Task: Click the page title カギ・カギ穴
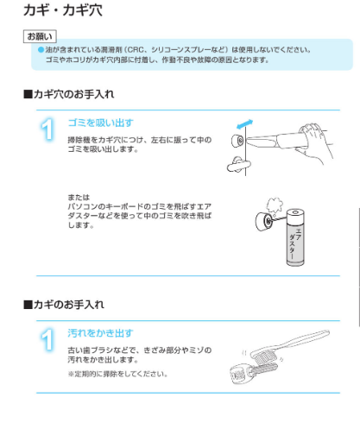63,10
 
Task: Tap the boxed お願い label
40,36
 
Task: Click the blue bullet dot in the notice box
41,50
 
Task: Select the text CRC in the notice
136,50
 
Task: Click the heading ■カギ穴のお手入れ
69,94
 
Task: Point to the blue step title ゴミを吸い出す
101,123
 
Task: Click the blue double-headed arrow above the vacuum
244,124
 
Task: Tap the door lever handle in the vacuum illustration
238,165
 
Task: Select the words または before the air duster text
79,198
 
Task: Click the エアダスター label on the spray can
295,243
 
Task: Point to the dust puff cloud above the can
275,205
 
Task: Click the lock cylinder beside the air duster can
264,221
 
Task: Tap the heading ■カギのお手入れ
64,305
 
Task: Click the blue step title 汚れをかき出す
100,333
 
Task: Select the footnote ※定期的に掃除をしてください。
117,374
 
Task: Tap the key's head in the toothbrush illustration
238,374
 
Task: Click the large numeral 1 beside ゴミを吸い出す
47,129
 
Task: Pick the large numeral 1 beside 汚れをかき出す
47,340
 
